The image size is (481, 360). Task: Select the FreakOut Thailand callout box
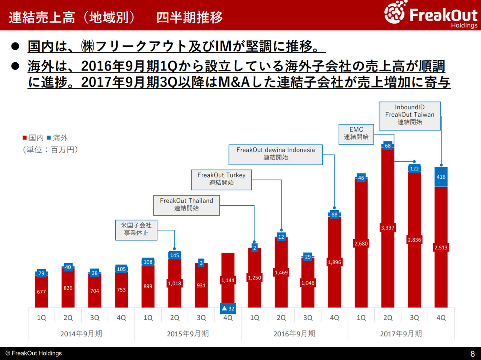tap(186, 205)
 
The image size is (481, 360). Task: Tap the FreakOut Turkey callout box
tap(221, 179)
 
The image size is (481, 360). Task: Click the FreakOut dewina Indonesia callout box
tap(275, 154)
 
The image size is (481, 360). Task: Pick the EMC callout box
tap(356, 134)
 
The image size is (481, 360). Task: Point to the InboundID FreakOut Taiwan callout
tap(410, 116)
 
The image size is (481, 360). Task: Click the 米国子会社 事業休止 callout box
tap(136, 230)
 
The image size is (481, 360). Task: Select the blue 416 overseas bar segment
tap(441, 177)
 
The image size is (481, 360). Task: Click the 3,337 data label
tap(387, 227)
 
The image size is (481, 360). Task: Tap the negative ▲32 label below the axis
tap(228, 309)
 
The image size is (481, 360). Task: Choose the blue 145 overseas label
tap(174, 255)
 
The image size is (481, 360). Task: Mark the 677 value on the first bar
tap(41, 292)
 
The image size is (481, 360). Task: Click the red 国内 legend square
tap(25, 138)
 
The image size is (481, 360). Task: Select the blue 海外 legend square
tap(48, 138)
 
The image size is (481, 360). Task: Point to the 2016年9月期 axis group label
tap(294, 334)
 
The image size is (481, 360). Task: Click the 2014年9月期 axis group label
tap(81, 334)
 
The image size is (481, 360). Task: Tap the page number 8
tap(472, 354)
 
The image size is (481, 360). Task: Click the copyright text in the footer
tap(33, 353)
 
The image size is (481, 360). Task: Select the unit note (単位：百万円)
tap(50, 150)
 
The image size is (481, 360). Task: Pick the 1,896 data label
tap(334, 262)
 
